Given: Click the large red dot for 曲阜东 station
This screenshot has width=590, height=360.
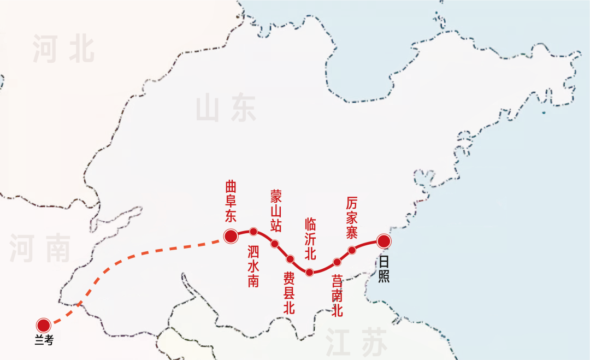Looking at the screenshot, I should click(231, 236).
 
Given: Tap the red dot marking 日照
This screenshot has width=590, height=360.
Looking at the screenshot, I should click(384, 241).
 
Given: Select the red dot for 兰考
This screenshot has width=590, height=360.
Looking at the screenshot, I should click(44, 325).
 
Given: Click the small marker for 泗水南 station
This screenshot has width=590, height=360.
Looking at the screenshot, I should click(253, 231).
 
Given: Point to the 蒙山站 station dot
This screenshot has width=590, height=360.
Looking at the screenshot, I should click(275, 244).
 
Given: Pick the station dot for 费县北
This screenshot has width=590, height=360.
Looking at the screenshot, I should click(290, 258).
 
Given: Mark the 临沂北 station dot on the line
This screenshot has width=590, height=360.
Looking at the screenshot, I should click(310, 272).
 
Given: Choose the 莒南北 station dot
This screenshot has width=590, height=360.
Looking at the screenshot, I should click(337, 262).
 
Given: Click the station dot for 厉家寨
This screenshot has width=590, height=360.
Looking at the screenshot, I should click(352, 250).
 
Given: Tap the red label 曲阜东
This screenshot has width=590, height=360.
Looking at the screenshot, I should click(231, 202).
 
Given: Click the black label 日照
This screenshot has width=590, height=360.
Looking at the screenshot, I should click(384, 269).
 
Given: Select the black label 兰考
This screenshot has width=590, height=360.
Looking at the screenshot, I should click(44, 341).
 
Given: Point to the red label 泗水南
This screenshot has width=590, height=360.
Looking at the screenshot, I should click(253, 266).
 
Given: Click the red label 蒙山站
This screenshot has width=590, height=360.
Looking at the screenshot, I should click(276, 210).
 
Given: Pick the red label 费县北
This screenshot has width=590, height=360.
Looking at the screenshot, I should click(289, 293).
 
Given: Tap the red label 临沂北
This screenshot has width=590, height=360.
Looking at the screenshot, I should click(310, 239).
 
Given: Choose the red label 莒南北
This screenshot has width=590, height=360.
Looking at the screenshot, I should click(338, 296).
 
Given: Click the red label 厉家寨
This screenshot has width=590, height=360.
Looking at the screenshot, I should click(352, 217).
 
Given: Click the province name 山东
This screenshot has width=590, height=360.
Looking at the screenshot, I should click(226, 108).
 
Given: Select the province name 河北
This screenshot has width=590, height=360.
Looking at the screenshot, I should click(63, 49).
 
